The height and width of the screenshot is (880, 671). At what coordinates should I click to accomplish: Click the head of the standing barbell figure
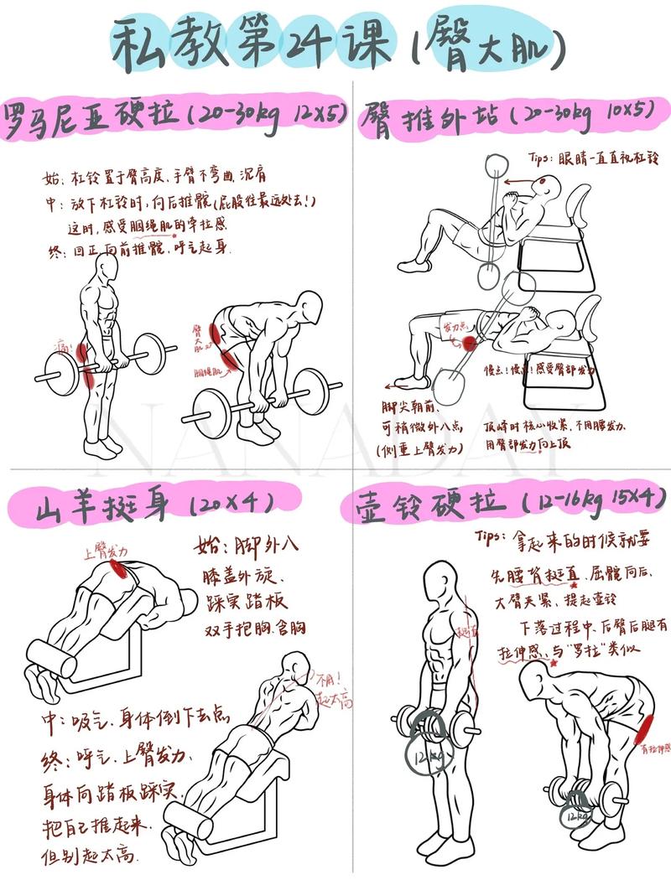[x=106, y=268]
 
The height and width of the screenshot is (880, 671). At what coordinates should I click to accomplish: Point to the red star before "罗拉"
[x=554, y=663]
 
